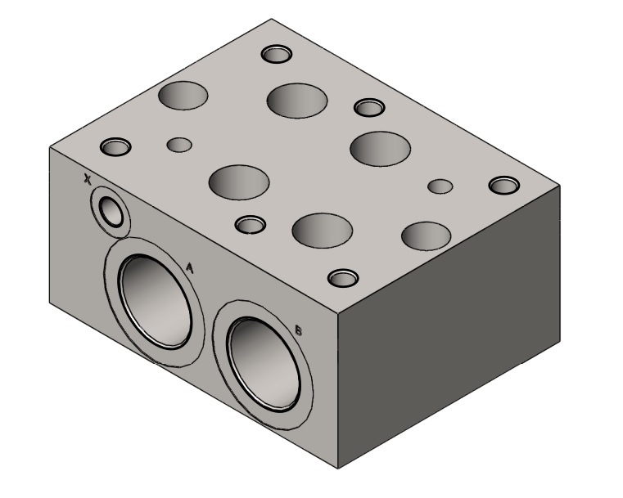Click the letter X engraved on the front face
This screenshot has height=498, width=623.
point(87,179)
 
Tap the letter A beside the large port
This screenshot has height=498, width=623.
point(190,268)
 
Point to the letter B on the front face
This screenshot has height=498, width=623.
point(298,330)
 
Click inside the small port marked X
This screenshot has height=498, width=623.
point(111,212)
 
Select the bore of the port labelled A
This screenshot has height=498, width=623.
point(156,302)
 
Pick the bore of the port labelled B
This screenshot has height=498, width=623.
point(264,364)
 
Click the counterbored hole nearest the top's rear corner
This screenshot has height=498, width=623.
point(277,54)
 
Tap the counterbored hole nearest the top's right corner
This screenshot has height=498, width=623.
point(504,186)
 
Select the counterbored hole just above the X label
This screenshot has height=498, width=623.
point(115,147)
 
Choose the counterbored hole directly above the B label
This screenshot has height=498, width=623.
point(343,278)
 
